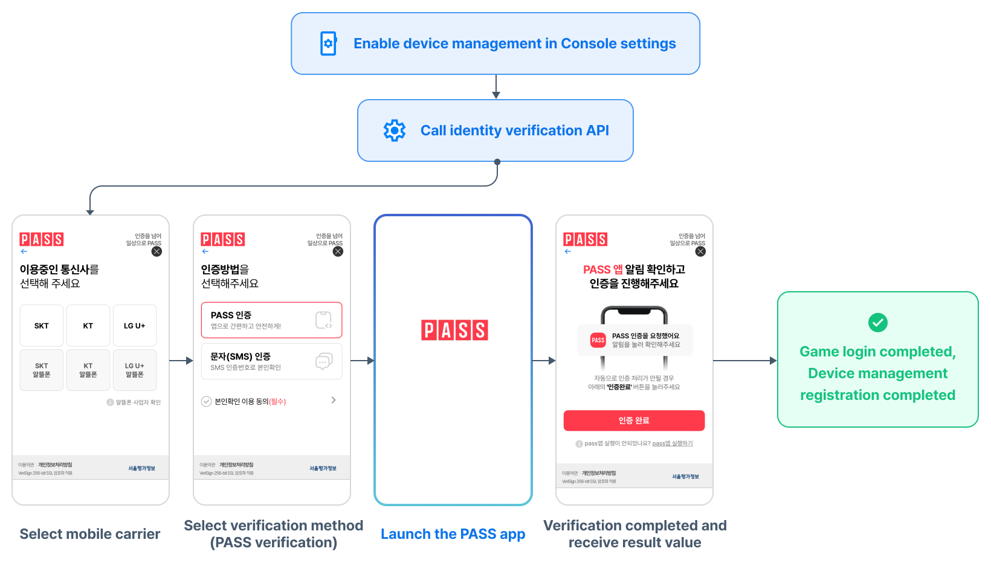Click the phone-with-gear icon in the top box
(x=328, y=43)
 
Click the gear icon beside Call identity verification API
(x=395, y=130)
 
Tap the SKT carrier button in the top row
(x=42, y=326)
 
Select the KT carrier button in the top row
(x=88, y=326)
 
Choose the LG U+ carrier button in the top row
(x=134, y=326)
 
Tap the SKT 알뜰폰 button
(x=42, y=370)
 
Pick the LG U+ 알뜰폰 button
(x=134, y=370)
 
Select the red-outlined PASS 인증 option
(x=271, y=320)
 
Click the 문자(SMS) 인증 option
(x=271, y=361)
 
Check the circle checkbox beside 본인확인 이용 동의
(x=206, y=402)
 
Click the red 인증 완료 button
(x=634, y=420)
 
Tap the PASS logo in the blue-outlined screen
(x=454, y=330)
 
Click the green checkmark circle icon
(x=877, y=323)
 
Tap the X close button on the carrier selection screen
(x=157, y=251)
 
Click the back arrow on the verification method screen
(x=205, y=251)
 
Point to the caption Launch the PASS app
(x=453, y=534)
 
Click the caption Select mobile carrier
(x=90, y=534)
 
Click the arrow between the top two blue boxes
(x=496, y=87)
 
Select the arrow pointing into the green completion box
(x=745, y=361)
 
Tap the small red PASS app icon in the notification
(x=598, y=340)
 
